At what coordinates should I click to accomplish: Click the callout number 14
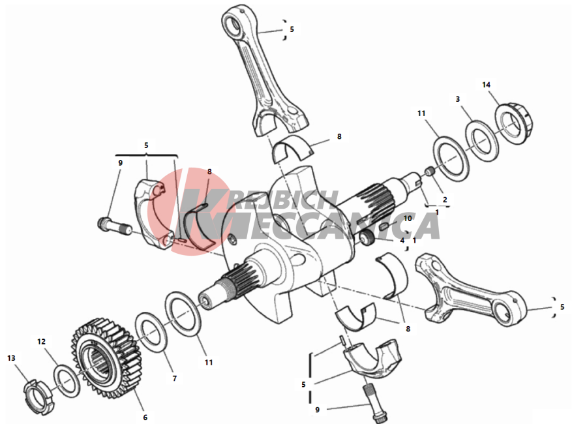486,85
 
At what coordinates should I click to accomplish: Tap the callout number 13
11,358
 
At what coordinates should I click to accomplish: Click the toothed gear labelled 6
106,359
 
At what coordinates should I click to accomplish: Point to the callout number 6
145,417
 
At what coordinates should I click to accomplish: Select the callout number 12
41,342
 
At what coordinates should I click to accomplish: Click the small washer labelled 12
67,380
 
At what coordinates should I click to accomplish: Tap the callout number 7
174,379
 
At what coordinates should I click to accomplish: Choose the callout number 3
457,99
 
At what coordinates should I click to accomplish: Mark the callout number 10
407,219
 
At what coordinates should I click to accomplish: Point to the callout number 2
445,200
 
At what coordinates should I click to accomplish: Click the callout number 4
402,240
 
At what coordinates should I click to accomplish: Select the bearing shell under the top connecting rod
293,149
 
